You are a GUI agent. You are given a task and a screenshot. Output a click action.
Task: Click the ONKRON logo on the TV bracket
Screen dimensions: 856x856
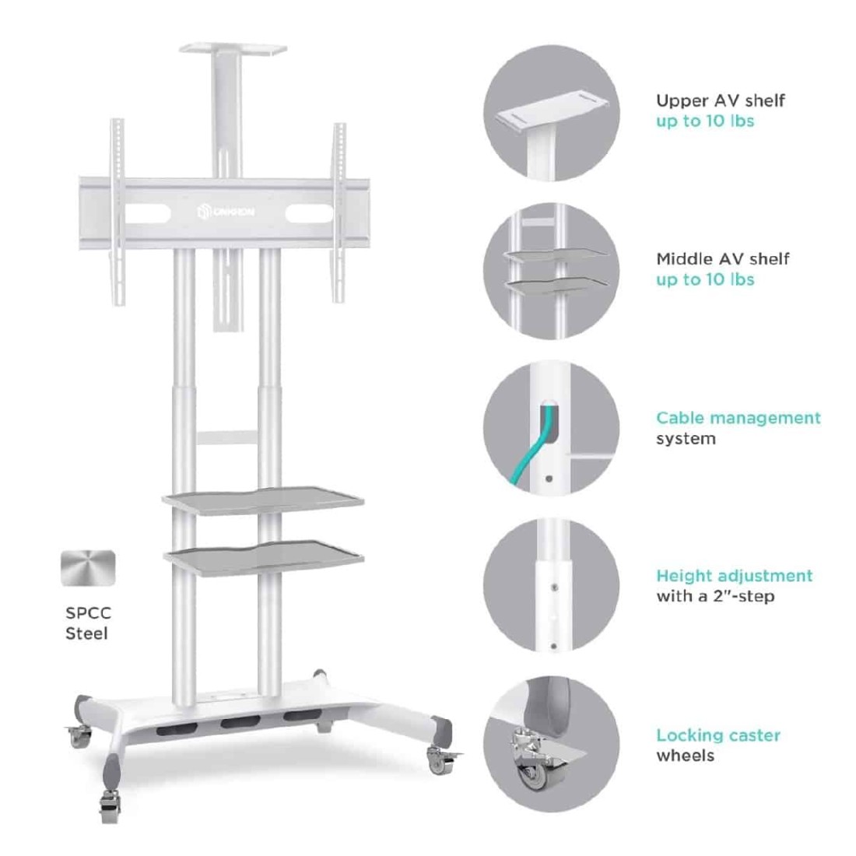(x=226, y=211)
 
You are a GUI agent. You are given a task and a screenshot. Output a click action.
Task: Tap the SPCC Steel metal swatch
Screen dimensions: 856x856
(x=88, y=568)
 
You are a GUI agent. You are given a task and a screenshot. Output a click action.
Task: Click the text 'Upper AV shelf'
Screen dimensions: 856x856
(x=720, y=100)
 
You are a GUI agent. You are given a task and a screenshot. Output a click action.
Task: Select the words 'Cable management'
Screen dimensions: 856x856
(x=738, y=418)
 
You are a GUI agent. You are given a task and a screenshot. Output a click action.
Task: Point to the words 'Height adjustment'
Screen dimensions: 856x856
(x=735, y=575)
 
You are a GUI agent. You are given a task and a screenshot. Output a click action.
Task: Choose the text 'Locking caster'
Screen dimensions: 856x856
(x=718, y=735)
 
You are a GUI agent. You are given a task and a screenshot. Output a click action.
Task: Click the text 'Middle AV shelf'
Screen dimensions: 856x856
(x=722, y=259)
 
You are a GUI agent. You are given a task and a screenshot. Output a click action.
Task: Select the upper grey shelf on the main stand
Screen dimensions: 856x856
(x=263, y=500)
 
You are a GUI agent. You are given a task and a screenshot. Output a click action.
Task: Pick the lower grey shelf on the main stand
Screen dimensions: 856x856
(x=264, y=557)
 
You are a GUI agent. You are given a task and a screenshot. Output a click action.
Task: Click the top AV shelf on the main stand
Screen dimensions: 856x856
(x=233, y=49)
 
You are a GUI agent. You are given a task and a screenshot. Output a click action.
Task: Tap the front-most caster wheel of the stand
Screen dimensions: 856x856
(x=109, y=805)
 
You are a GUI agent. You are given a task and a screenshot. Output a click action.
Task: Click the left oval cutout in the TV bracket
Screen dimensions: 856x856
(x=147, y=213)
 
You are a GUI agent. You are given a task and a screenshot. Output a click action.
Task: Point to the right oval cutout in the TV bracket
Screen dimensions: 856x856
(x=309, y=213)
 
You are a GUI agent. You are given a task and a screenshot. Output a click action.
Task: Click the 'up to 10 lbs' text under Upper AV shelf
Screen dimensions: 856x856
(x=705, y=121)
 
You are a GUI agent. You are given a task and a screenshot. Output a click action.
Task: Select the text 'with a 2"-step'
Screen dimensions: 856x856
(x=715, y=595)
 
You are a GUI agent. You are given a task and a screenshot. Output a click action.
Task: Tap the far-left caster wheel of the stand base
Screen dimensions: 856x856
(x=79, y=736)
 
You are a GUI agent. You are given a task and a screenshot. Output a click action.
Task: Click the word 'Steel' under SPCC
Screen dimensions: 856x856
(x=86, y=633)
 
